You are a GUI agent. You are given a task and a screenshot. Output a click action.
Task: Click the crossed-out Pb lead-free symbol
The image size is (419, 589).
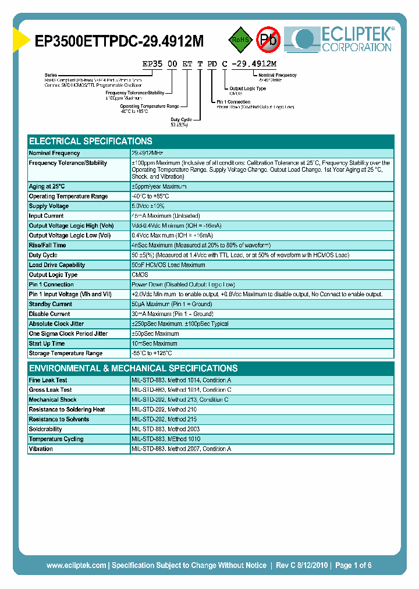coord(268,40)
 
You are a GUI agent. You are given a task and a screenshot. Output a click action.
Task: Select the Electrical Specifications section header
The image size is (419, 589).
coord(91,141)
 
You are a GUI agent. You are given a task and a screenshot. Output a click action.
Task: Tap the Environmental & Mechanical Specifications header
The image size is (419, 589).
coord(133,368)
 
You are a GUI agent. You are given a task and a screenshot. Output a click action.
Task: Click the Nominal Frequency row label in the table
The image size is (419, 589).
coord(54,153)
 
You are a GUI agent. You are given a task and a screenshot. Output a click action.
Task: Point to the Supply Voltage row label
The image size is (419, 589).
coord(49,206)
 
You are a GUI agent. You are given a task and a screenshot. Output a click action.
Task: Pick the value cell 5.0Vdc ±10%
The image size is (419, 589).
coord(148,206)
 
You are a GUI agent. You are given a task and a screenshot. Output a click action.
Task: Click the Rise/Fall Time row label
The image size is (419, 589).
coord(48,245)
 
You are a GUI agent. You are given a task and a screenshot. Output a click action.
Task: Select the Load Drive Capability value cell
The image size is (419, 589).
coord(168,265)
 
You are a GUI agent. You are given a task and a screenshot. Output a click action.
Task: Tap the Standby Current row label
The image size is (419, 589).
coord(51,304)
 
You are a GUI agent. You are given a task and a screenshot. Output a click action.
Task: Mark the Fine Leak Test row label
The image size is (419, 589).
coord(48,380)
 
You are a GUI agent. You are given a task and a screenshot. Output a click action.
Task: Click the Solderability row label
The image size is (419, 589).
coord(45,429)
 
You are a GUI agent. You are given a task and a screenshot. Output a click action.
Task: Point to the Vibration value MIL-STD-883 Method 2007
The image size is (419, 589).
coord(182,449)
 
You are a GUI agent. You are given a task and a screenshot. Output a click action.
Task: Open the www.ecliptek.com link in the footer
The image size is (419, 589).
coord(76,565)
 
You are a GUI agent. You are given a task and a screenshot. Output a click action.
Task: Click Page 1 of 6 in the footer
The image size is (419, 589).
coord(353,565)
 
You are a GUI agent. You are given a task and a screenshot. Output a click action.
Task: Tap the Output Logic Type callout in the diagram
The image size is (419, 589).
coord(247,88)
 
